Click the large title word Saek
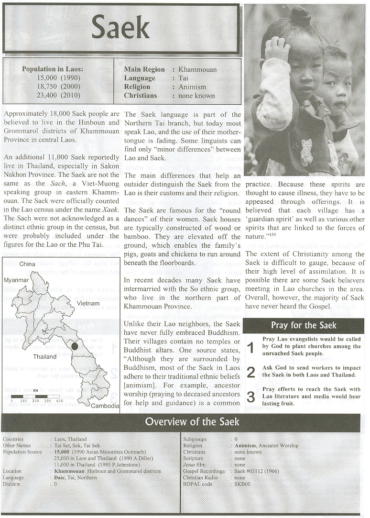[x=120, y=28]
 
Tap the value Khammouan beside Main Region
[x=197, y=69]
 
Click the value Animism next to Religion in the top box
[x=192, y=87]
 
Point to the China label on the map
[x=28, y=264]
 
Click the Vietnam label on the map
[x=88, y=303]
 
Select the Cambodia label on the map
[x=105, y=406]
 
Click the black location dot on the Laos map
[x=75, y=346]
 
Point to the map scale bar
[x=37, y=397]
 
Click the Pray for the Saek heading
[x=304, y=325]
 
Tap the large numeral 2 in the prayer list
[x=251, y=372]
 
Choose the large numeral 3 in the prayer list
[x=251, y=397]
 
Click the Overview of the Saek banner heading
[x=192, y=421]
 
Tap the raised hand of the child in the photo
[x=277, y=48]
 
